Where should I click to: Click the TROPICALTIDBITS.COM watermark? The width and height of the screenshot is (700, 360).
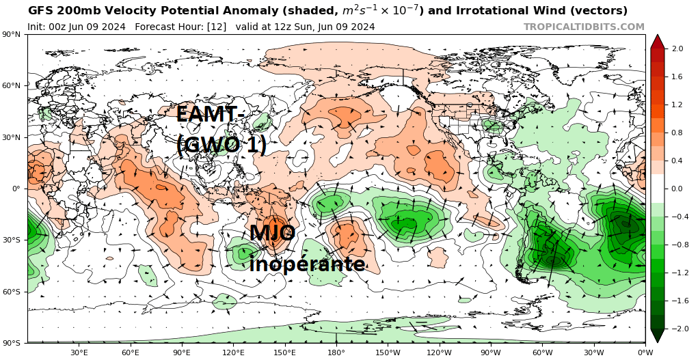(584, 27)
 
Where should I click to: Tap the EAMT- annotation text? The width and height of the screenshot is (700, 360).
(207, 114)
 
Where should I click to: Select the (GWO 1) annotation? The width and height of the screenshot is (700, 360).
(221, 144)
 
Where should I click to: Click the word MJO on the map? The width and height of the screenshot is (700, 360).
(271, 234)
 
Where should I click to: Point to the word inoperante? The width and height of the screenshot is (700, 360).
(307, 264)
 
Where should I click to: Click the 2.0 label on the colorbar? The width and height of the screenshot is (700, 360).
(677, 49)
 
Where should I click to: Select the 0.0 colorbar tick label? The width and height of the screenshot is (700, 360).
(677, 189)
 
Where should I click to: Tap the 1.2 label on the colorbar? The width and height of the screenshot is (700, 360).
(677, 105)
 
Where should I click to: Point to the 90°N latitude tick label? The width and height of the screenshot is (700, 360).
(11, 34)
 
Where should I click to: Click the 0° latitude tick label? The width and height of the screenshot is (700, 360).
(15, 189)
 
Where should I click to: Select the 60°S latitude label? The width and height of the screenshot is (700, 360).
(11, 292)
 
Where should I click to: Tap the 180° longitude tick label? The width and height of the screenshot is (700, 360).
(336, 352)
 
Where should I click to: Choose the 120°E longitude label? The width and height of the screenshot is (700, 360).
(233, 352)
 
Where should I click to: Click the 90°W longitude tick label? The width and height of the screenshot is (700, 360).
(491, 352)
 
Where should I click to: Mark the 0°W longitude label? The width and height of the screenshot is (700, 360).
(645, 352)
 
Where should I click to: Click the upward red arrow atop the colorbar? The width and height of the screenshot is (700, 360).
(657, 41)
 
